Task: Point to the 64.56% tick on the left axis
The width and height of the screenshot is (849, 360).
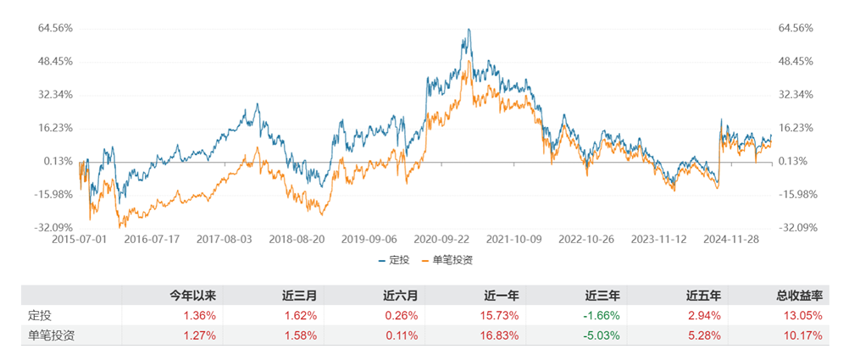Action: pos(55,28)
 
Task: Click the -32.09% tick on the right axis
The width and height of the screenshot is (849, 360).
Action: pos(796,227)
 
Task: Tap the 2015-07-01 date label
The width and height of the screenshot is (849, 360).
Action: pos(79,240)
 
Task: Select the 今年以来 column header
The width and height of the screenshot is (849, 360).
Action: pos(193,296)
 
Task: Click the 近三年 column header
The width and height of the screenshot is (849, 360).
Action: pos(602,296)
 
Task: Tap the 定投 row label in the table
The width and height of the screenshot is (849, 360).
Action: pos(41,315)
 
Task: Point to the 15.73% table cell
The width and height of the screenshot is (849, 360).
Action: pos(502,315)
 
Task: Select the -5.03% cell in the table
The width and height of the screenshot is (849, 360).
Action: pos(603,335)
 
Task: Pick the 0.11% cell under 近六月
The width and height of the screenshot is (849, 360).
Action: pos(402,335)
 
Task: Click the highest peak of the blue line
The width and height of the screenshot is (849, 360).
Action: pos(469,29)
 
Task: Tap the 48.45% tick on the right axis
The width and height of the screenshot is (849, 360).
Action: pos(796,61)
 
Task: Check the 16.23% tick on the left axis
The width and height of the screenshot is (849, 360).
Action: pos(55,128)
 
